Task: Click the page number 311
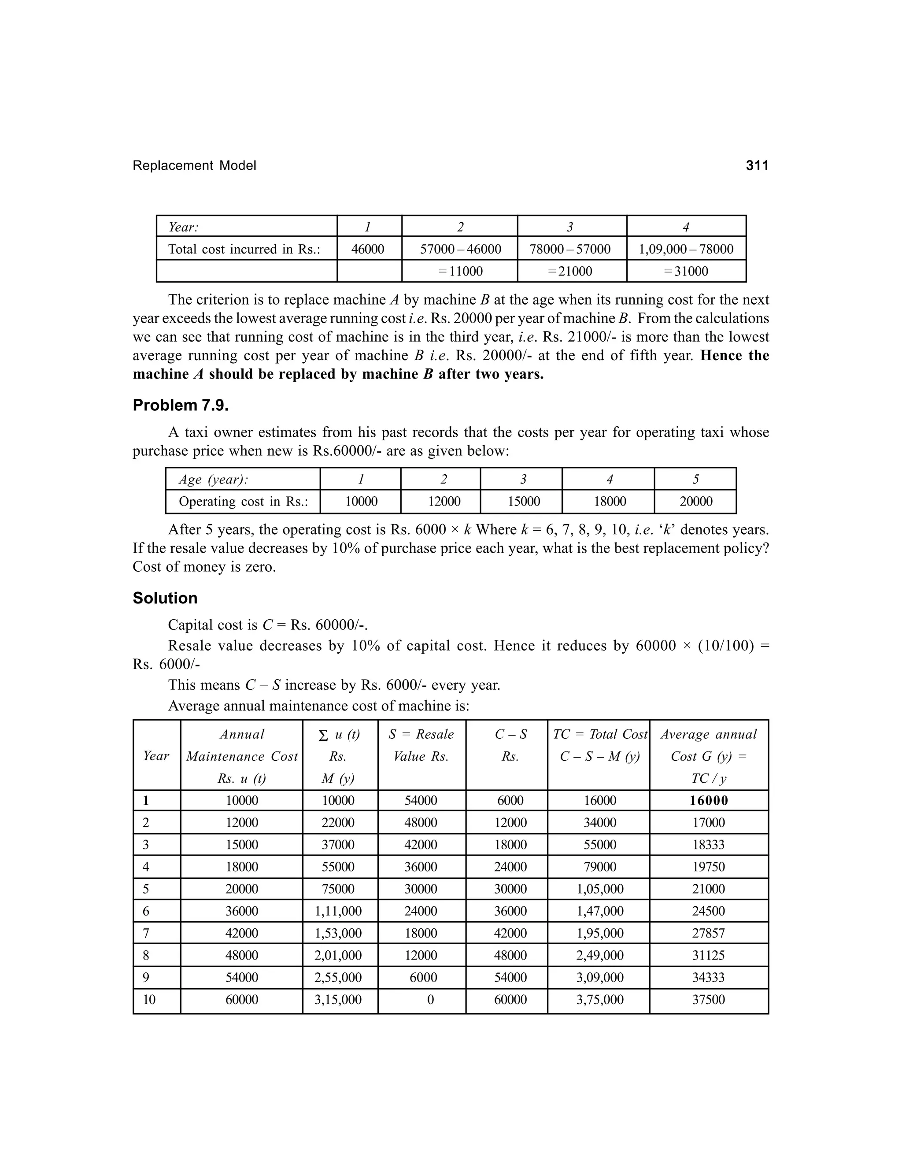[x=757, y=165]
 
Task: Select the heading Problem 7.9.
[x=181, y=405]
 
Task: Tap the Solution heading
[x=165, y=598]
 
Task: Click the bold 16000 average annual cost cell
[x=709, y=800]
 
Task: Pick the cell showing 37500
[x=709, y=1000]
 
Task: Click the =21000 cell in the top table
[x=571, y=271]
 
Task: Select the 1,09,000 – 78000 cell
[x=686, y=249]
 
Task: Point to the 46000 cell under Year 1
[x=368, y=249]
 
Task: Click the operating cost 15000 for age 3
[x=523, y=502]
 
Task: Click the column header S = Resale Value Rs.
[x=421, y=745]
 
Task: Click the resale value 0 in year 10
[x=430, y=1000]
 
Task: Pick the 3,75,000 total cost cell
[x=599, y=1000]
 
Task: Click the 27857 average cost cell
[x=709, y=933]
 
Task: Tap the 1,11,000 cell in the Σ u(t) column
[x=338, y=911]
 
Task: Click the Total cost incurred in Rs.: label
[x=244, y=249]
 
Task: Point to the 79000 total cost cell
[x=599, y=867]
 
